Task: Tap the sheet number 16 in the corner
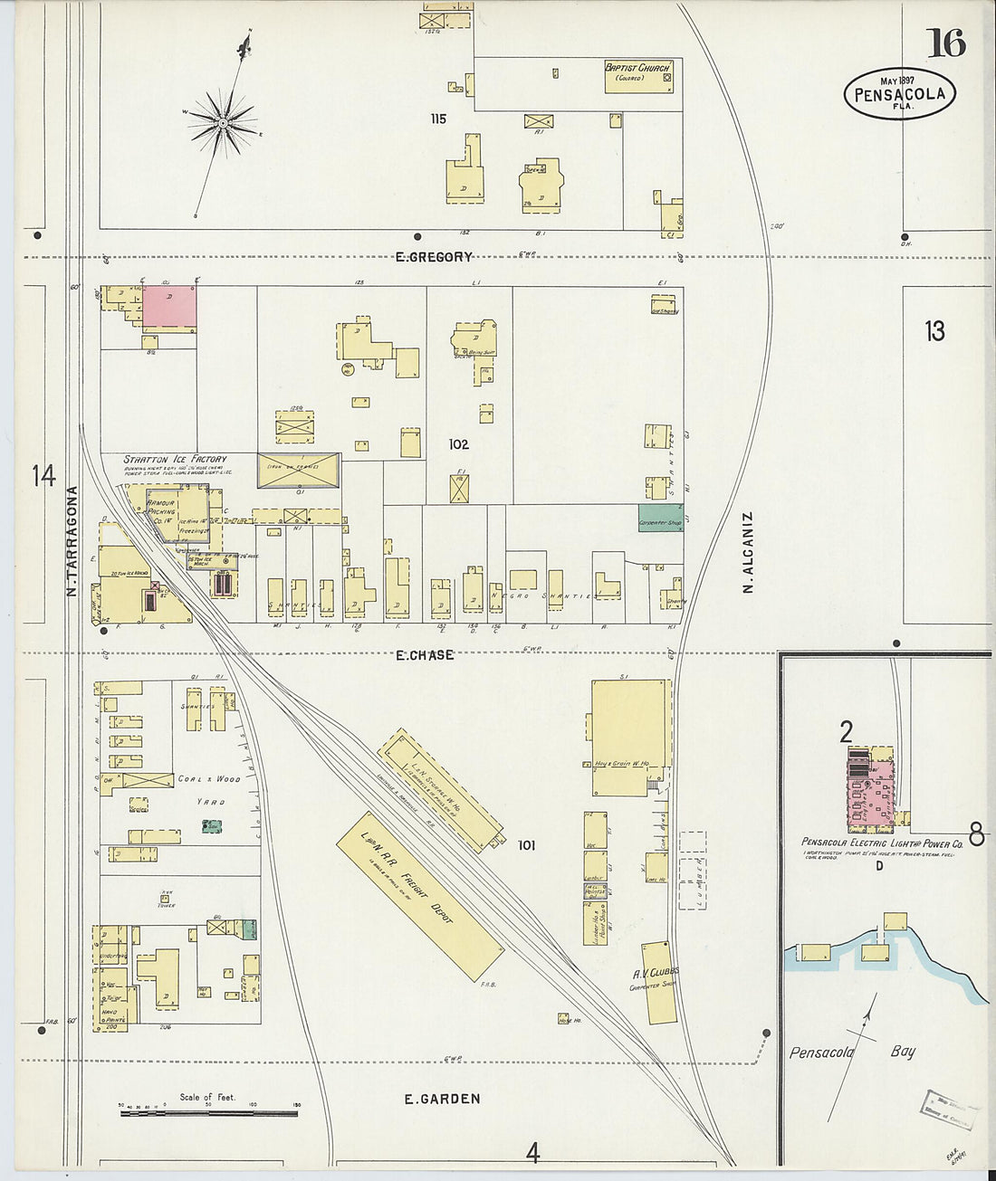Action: point(945,43)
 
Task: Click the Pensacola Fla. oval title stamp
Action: point(899,93)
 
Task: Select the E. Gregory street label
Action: point(434,257)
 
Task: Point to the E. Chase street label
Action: point(425,654)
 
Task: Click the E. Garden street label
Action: point(442,1099)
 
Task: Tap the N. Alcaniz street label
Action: point(748,552)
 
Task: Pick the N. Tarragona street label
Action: point(72,541)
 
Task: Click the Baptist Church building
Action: point(639,77)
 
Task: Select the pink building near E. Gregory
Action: point(169,307)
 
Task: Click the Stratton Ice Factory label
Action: point(175,460)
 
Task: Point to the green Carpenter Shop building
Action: point(660,519)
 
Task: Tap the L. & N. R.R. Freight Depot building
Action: point(419,895)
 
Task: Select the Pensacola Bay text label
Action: point(852,1052)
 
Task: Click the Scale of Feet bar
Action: point(210,1111)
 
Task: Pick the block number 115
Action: point(438,119)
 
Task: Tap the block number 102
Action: point(458,444)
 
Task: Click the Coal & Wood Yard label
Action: point(209,789)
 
